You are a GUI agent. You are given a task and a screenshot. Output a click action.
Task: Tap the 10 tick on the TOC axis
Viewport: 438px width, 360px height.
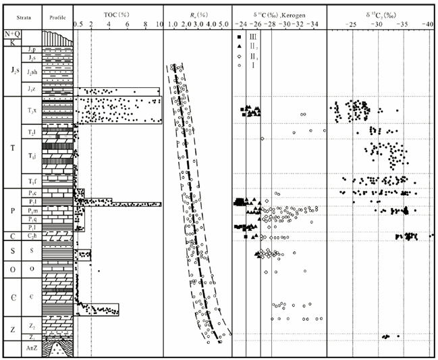[160, 24]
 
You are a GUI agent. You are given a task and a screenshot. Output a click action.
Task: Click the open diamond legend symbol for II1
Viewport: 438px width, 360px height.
[239, 56]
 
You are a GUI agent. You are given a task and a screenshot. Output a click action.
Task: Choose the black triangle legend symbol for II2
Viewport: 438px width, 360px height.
[239, 45]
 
